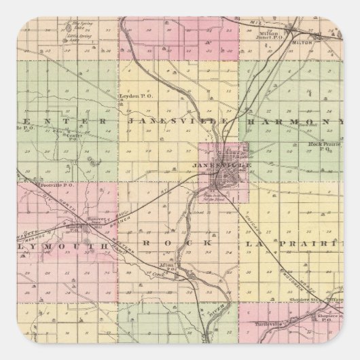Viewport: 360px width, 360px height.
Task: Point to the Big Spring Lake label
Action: [x=75, y=26]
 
